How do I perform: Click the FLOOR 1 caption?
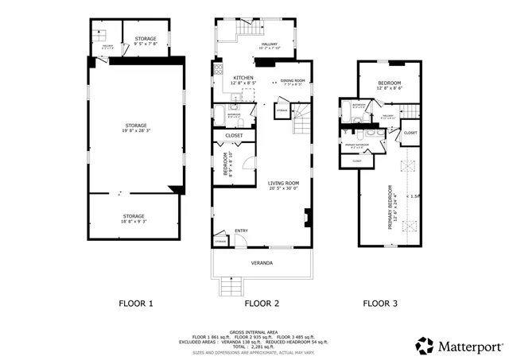click(x=135, y=303)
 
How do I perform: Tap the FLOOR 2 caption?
click(x=262, y=303)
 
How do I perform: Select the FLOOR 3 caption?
click(x=380, y=303)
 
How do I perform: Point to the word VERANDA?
click(x=262, y=262)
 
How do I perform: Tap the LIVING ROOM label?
click(x=283, y=184)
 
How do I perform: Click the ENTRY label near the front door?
click(x=241, y=231)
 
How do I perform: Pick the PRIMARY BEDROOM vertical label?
click(x=390, y=207)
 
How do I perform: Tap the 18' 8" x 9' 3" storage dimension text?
click(x=134, y=221)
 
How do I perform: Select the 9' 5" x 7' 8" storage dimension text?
click(x=146, y=44)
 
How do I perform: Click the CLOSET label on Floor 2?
click(x=234, y=136)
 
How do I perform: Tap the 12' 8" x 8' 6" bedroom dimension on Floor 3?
click(x=389, y=88)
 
